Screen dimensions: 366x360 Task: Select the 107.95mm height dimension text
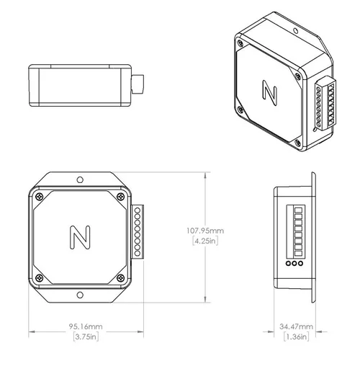pos(205,231)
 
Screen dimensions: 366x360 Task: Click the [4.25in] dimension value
pos(205,241)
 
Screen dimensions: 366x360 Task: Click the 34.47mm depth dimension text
pos(296,326)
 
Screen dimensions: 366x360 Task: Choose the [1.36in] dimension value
pos(296,336)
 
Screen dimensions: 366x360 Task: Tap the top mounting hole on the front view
pos(80,179)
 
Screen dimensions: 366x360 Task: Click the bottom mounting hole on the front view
pos(80,295)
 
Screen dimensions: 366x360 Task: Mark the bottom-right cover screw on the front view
pos(120,278)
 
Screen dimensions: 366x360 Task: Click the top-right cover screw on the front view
pos(120,195)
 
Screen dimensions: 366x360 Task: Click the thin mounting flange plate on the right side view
pos(314,237)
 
